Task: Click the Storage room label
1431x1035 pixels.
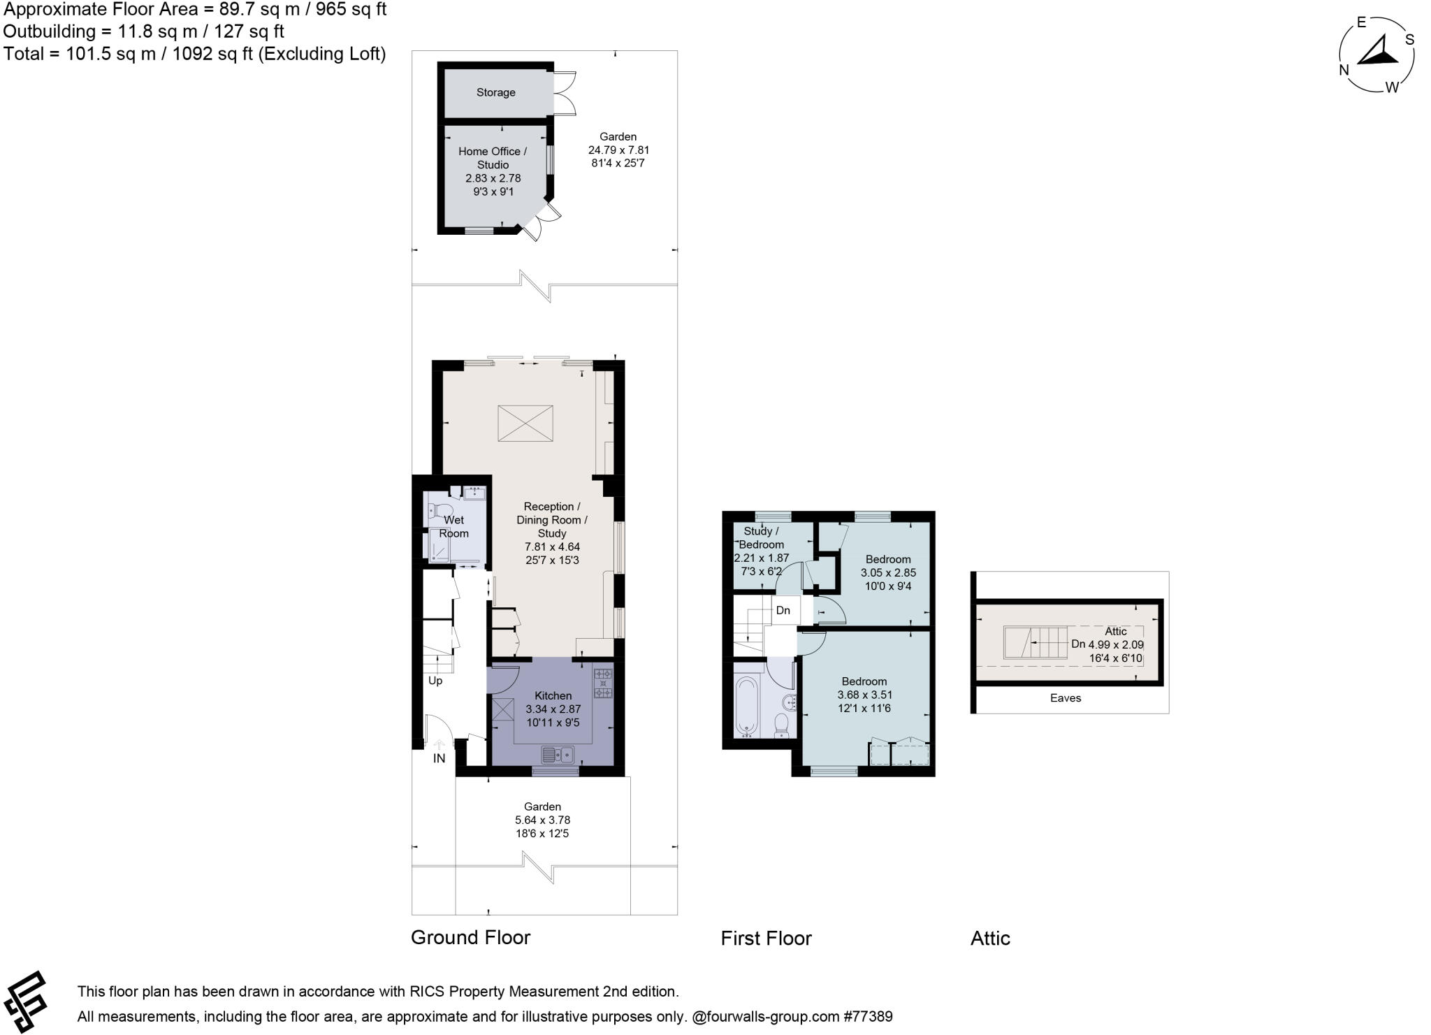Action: point(495,92)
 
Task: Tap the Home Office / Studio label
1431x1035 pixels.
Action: point(493,158)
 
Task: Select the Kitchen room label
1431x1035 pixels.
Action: point(553,695)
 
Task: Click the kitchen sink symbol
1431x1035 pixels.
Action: point(557,754)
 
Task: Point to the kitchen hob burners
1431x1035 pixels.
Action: point(603,683)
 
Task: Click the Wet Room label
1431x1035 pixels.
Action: point(453,526)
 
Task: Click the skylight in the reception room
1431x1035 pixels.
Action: point(525,423)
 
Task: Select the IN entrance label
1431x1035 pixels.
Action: point(439,758)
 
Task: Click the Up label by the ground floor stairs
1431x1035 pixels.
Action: point(435,681)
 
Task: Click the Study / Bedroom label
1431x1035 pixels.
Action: point(761,537)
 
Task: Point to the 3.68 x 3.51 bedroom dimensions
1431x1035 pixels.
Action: point(864,695)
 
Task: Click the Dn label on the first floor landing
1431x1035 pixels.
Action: point(783,610)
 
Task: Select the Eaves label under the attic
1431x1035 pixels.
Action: point(1065,697)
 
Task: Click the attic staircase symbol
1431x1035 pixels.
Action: point(1036,643)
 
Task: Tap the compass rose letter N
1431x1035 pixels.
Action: point(1344,70)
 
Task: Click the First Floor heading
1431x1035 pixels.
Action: point(766,938)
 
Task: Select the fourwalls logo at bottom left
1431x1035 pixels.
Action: point(25,1001)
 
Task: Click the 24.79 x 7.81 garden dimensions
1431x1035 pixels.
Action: point(618,150)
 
